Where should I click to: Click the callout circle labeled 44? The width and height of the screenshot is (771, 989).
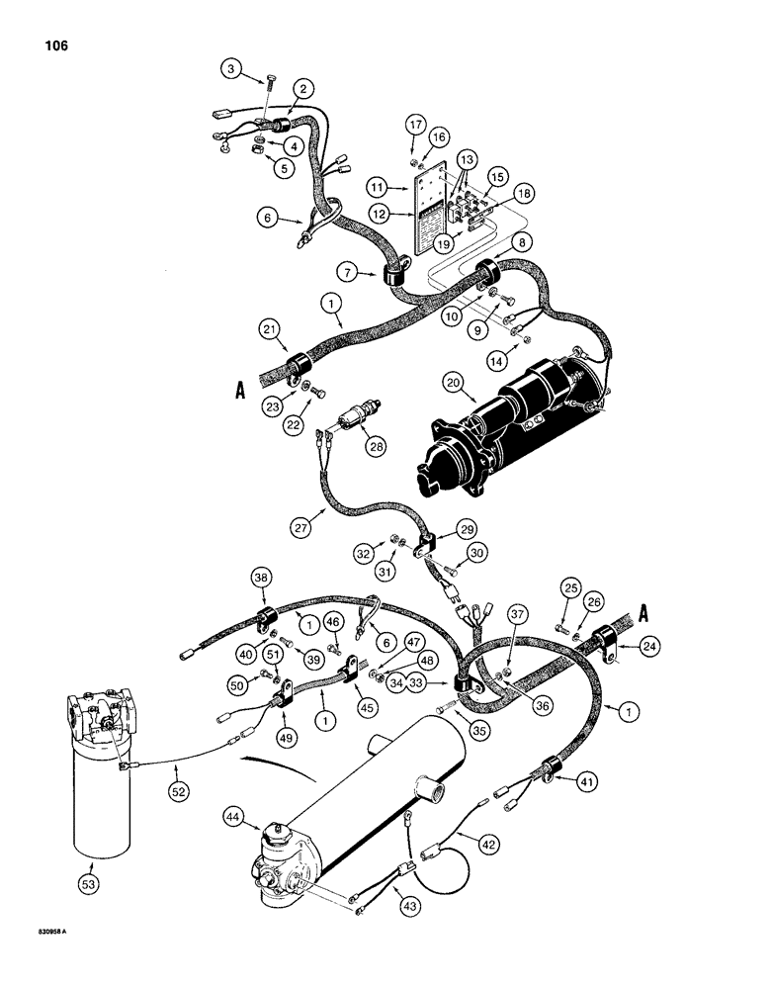[x=263, y=818]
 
